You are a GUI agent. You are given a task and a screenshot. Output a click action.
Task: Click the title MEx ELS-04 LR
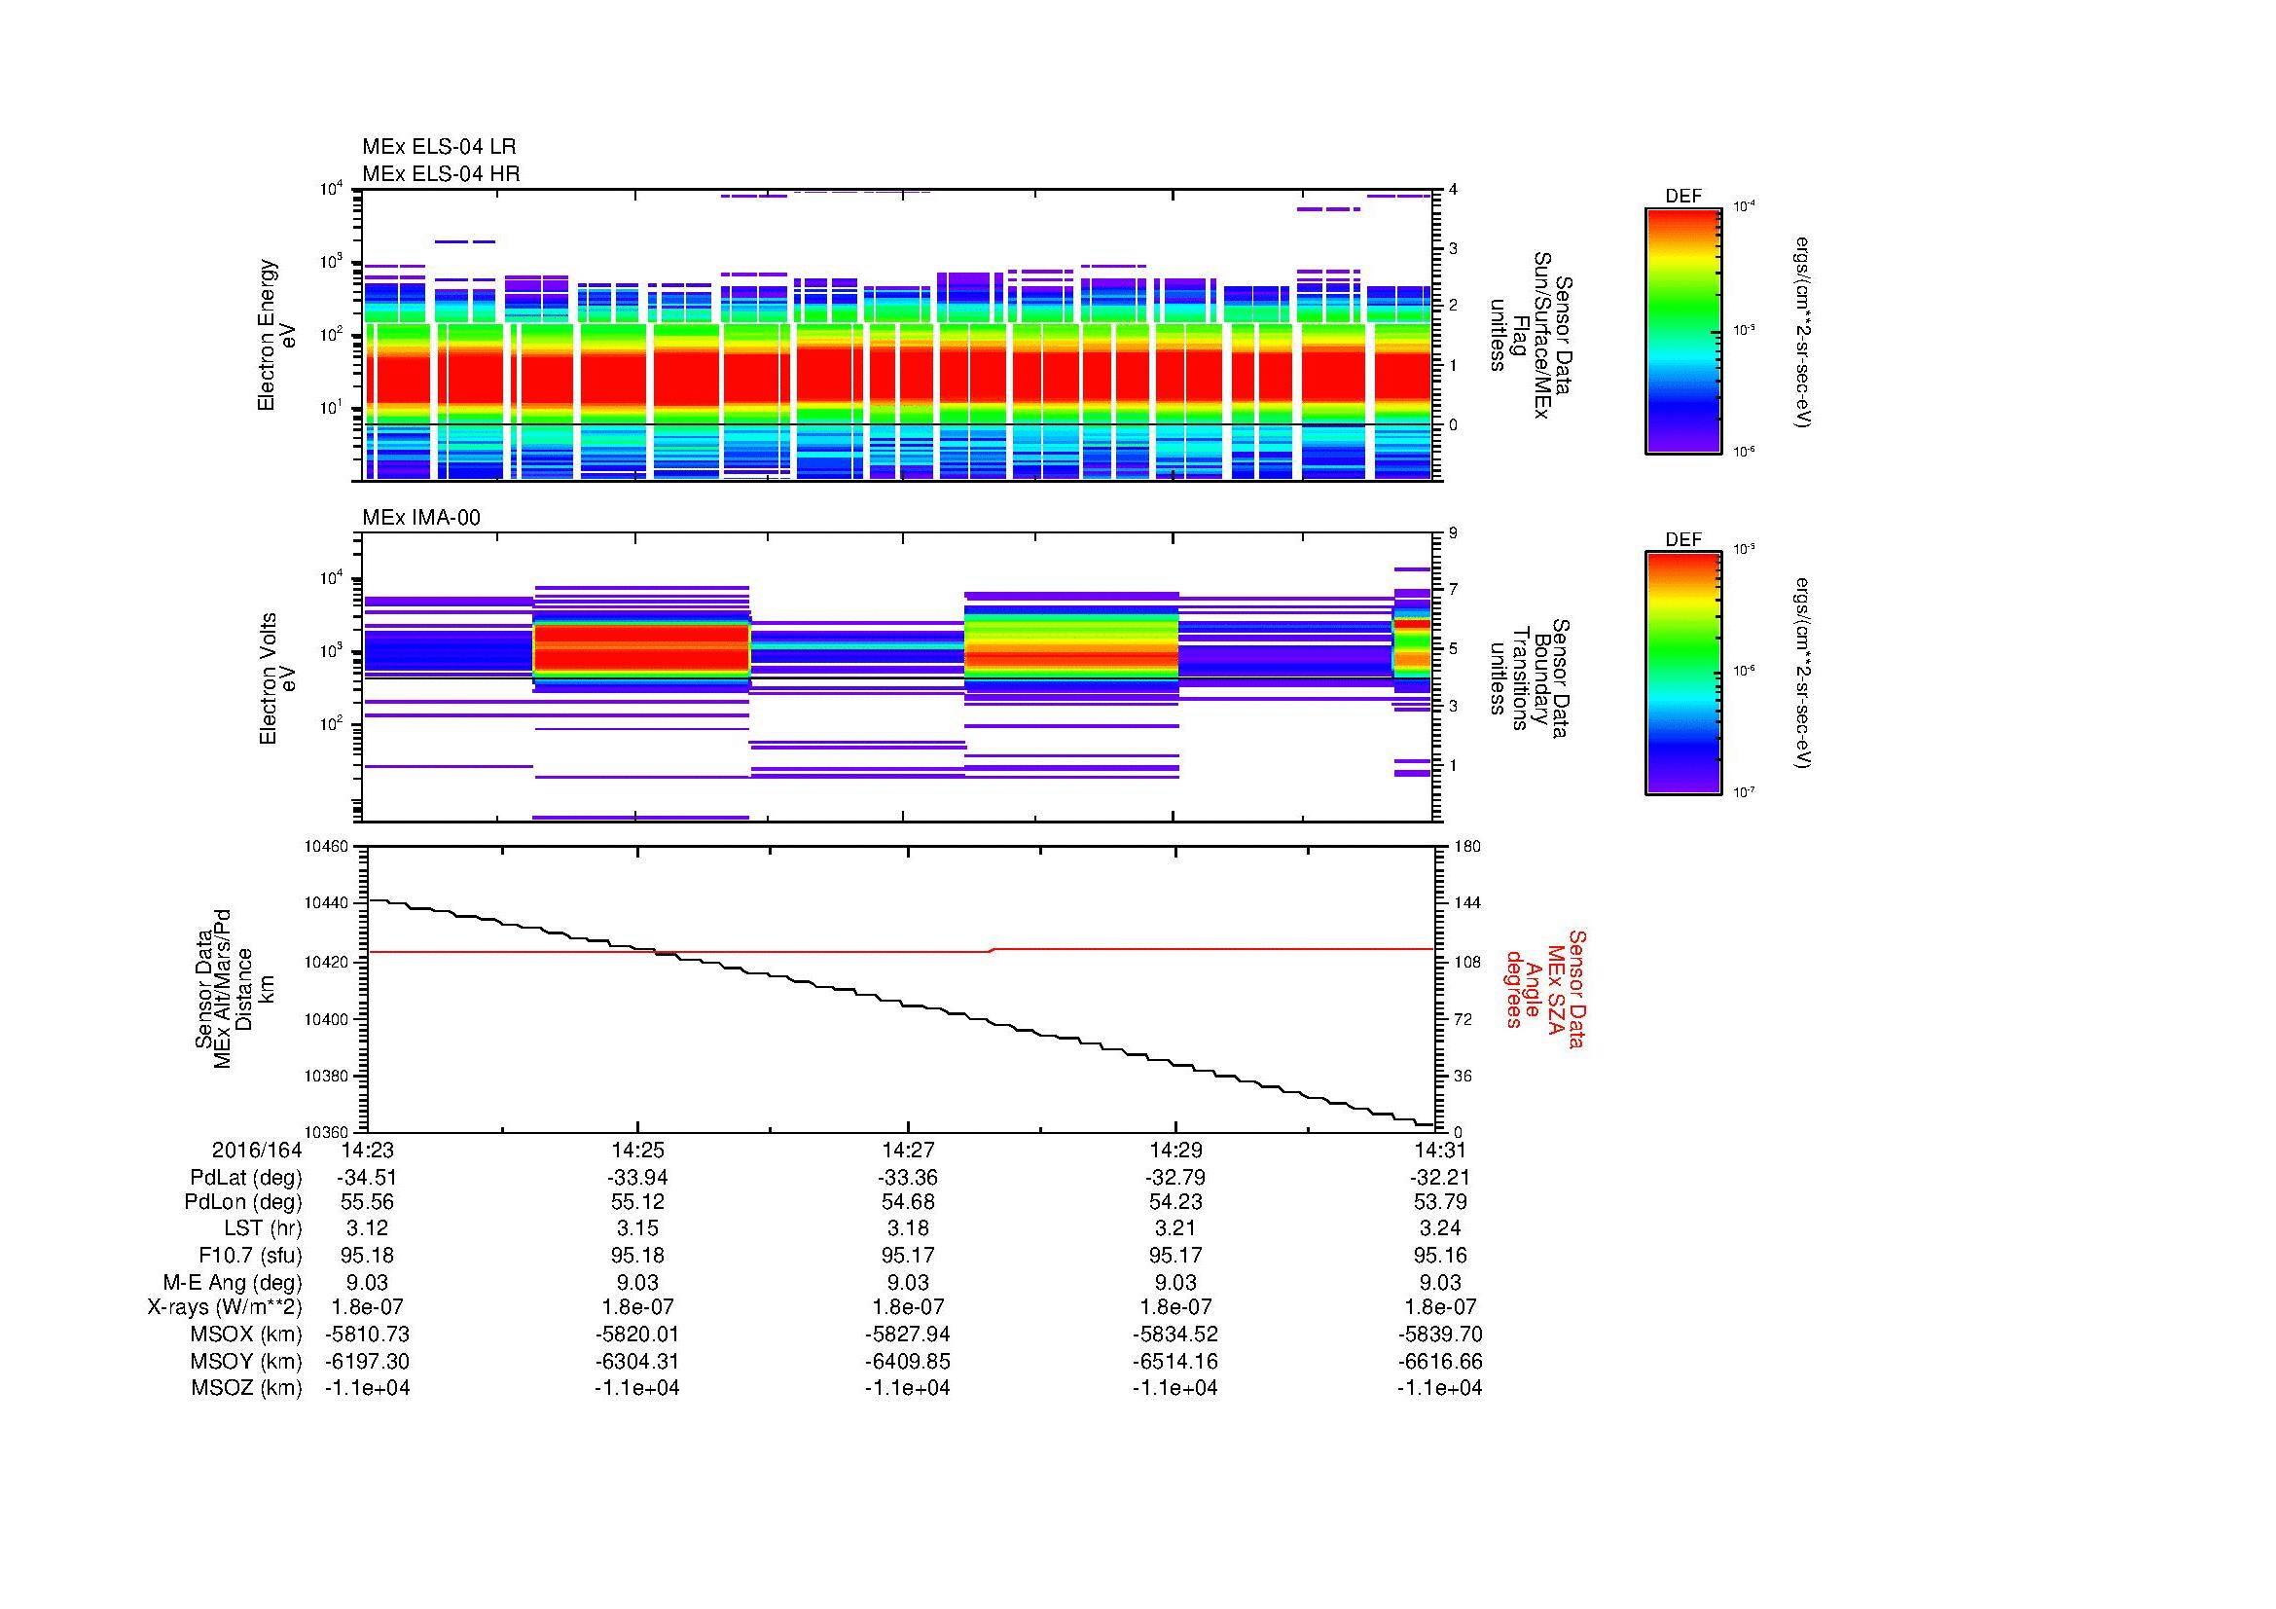point(439,147)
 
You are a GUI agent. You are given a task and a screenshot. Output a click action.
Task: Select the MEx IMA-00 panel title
point(421,518)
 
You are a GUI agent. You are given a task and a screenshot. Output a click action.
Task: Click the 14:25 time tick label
point(636,1151)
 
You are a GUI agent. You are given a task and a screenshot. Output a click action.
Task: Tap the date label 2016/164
point(257,1151)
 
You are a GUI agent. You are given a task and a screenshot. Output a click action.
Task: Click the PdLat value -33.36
point(908,1178)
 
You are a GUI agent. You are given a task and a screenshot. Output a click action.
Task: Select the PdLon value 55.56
point(367,1202)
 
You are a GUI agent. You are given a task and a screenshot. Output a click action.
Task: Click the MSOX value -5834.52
point(1174,1335)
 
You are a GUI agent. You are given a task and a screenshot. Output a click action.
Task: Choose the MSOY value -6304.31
point(636,1361)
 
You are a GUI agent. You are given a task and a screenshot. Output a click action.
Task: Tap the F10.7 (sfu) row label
point(245,1256)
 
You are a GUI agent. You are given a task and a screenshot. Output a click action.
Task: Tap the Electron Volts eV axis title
point(278,679)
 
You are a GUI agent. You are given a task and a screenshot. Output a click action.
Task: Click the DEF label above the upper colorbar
point(1683,197)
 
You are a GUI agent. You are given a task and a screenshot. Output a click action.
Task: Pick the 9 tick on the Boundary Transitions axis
point(1452,533)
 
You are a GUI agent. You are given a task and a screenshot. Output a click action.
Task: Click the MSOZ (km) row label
point(246,1388)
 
